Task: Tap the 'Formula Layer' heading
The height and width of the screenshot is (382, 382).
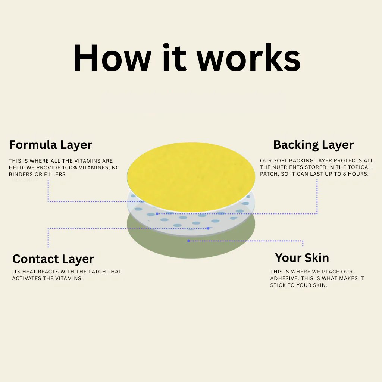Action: (50, 145)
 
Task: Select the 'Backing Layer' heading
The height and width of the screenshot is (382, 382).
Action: (313, 145)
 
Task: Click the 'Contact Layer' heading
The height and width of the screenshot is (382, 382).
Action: (53, 259)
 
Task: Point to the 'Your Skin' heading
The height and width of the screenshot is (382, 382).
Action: (302, 258)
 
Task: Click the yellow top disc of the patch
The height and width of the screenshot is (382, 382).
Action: (191, 177)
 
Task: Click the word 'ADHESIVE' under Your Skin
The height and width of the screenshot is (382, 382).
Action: (284, 278)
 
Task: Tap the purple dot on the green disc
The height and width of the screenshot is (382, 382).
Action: (188, 241)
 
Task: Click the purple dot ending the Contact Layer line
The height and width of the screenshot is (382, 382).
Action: (208, 228)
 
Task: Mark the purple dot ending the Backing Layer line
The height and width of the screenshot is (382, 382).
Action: (157, 214)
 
